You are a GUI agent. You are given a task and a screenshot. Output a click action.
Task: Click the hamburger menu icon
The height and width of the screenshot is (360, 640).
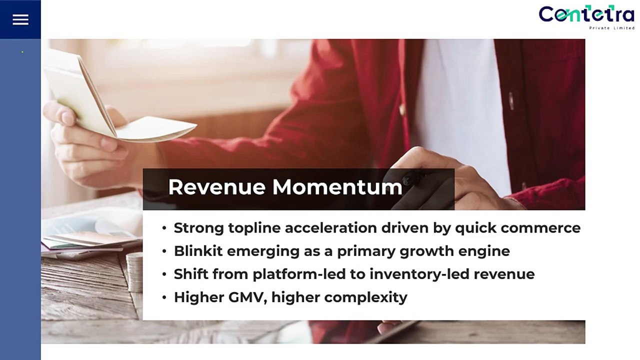[20, 19]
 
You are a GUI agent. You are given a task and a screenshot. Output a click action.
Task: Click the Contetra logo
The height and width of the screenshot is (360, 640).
[586, 14]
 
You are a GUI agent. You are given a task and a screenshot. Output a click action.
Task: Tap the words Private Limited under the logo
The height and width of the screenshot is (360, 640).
[611, 28]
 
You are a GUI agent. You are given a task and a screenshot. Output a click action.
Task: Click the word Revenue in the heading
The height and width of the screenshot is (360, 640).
[217, 187]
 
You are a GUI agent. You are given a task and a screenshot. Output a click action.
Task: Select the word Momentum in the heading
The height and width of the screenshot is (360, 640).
[337, 187]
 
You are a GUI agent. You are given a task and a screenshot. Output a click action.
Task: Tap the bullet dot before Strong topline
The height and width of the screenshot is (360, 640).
[164, 228]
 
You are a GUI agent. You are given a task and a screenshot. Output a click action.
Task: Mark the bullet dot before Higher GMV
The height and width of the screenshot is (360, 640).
[164, 297]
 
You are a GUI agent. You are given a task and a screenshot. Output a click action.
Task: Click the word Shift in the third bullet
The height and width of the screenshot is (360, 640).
[190, 274]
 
